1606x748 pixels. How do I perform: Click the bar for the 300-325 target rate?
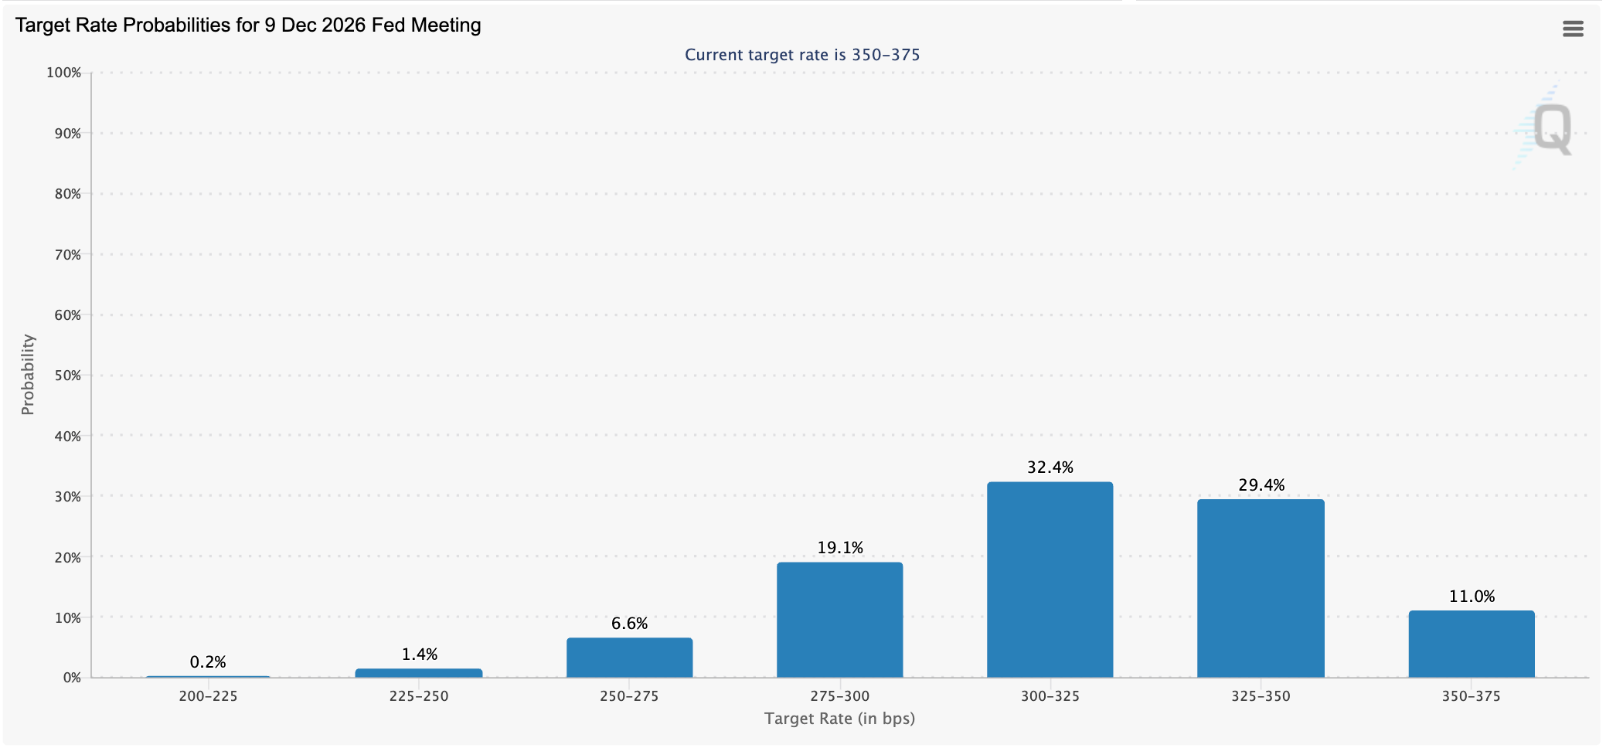click(1050, 580)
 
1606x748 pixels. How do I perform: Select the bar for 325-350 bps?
click(1261, 588)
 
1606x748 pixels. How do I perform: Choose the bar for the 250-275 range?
click(629, 658)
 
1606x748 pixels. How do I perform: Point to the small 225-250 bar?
click(418, 673)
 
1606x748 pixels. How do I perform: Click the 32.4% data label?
click(1050, 467)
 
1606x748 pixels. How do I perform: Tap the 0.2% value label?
click(208, 662)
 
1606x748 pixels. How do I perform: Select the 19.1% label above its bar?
click(839, 548)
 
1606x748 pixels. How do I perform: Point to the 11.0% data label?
click(1471, 597)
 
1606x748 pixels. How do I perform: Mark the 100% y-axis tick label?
click(64, 73)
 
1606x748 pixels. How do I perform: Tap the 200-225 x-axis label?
click(208, 696)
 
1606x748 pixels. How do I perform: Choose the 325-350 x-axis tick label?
click(1261, 696)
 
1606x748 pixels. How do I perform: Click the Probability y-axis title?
click(28, 375)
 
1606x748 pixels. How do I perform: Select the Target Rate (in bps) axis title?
click(839, 719)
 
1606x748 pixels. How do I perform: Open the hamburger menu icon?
click(1573, 29)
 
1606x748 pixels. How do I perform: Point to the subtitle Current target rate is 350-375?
click(802, 55)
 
